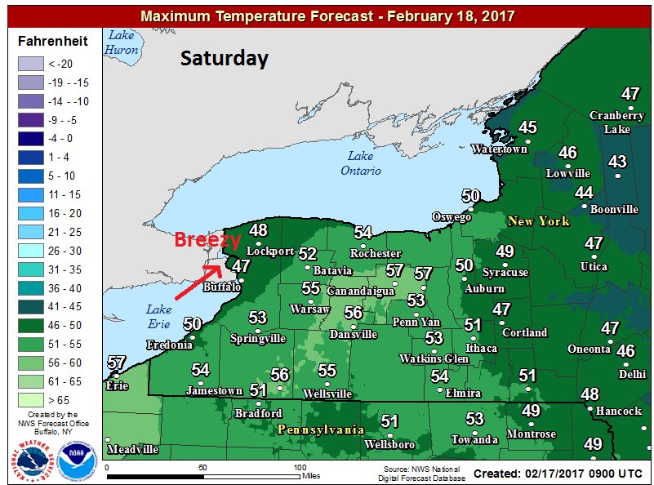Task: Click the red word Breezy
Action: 207,241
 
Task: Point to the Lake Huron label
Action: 122,42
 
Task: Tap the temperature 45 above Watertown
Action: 527,127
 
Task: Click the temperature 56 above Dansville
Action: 353,313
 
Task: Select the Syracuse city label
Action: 505,272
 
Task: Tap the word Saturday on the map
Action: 224,58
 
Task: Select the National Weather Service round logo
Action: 30,457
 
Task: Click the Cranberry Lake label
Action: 616,122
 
